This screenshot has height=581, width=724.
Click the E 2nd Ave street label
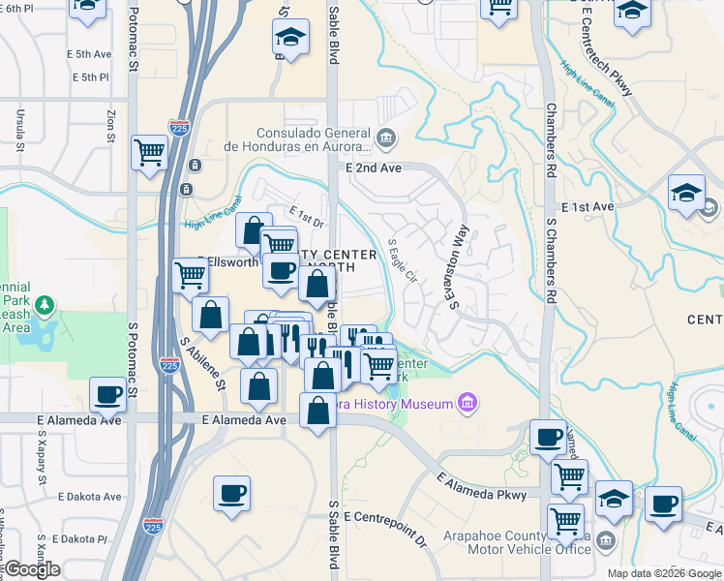pyautogui.click(x=374, y=168)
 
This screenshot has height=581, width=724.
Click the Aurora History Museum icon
pyautogui.click(x=468, y=403)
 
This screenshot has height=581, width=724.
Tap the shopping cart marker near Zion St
pyautogui.click(x=149, y=152)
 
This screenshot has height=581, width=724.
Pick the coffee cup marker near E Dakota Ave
pyautogui.click(x=231, y=493)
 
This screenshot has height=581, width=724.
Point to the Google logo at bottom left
pyautogui.click(x=32, y=569)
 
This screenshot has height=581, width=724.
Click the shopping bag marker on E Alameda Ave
pyautogui.click(x=318, y=411)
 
